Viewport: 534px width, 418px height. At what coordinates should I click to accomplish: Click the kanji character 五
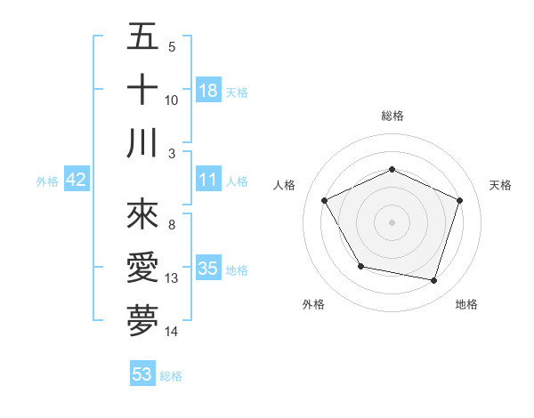tap(142, 37)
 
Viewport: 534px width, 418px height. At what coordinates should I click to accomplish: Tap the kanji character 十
tap(142, 90)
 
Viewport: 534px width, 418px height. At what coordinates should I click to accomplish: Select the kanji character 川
tap(142, 143)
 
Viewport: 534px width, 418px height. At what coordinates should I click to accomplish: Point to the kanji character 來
tap(142, 214)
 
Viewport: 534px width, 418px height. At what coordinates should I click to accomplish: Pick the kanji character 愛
tap(142, 268)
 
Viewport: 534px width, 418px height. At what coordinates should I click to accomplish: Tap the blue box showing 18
tap(208, 91)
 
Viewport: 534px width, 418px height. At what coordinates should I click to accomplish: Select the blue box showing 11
tap(208, 180)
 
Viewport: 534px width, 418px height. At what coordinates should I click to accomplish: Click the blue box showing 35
tap(208, 269)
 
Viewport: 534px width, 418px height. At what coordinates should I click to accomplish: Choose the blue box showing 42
tap(76, 180)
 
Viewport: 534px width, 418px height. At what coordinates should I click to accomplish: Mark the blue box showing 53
tap(142, 374)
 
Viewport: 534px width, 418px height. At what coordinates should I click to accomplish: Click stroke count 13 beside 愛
tap(172, 278)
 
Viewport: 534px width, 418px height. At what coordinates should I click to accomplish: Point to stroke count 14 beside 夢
tap(172, 332)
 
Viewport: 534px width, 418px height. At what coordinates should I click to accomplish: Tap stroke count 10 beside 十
tap(172, 100)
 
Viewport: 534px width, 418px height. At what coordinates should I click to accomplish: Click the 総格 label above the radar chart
tap(392, 116)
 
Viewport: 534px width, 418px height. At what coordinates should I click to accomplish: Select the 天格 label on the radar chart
tap(501, 185)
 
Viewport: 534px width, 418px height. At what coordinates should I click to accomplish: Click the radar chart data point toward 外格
tap(360, 266)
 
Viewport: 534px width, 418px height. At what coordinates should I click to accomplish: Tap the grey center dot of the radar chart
tap(392, 221)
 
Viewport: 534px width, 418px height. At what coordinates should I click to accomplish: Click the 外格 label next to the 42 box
tap(47, 181)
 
